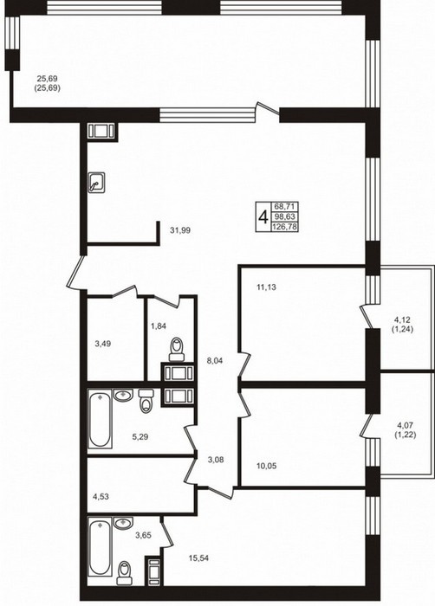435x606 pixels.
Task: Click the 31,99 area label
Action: [180, 230]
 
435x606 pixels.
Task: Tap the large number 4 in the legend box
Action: [263, 217]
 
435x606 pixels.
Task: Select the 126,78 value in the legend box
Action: [285, 227]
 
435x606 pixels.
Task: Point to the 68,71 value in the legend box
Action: [286, 207]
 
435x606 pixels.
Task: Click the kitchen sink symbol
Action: [96, 183]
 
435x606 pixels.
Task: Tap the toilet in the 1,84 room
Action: [178, 349]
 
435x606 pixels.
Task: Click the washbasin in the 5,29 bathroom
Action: [123, 395]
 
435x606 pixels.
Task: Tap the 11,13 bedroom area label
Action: [266, 287]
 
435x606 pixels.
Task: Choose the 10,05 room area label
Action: [266, 466]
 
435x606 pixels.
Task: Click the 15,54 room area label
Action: [198, 558]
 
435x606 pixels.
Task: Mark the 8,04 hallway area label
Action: [215, 361]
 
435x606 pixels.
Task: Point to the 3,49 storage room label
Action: [102, 343]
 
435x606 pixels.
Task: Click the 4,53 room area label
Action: [101, 496]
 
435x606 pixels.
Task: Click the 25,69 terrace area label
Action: [47, 79]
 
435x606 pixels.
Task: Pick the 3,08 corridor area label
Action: [216, 460]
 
